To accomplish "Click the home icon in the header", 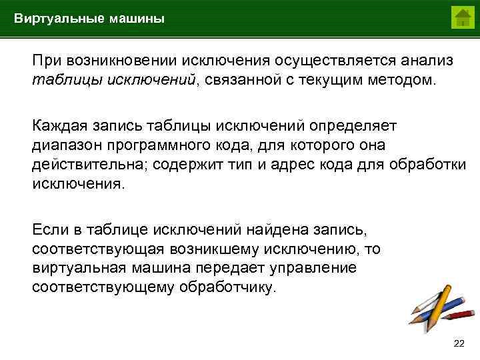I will click(x=461, y=17).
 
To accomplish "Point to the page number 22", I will click(x=459, y=343).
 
